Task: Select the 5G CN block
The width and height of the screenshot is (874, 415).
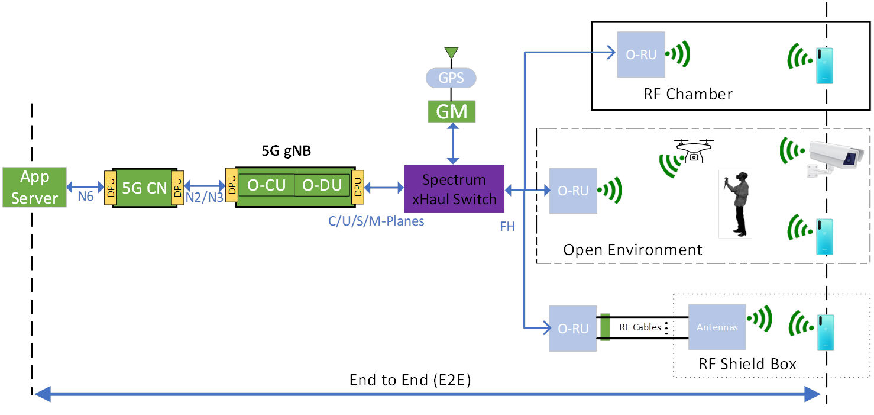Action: [144, 188]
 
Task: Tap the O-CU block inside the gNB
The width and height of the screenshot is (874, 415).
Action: [266, 185]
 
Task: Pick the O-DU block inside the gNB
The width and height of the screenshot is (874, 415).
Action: [322, 185]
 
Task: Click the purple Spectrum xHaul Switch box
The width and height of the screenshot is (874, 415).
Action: [454, 189]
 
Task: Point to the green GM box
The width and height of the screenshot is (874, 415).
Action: [452, 111]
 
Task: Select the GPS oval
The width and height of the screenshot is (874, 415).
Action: [451, 78]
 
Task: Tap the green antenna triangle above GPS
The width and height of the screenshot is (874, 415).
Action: [451, 53]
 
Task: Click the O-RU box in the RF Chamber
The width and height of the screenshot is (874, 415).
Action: [641, 54]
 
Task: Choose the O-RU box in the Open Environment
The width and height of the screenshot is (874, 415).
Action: [573, 191]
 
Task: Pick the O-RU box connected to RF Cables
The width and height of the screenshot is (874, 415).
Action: [573, 328]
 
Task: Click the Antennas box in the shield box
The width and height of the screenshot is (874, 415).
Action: [717, 327]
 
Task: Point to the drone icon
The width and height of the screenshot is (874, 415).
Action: [694, 150]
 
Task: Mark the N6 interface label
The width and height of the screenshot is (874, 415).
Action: [86, 196]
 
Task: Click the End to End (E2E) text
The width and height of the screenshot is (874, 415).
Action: [410, 379]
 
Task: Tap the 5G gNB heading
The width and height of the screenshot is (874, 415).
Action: [286, 151]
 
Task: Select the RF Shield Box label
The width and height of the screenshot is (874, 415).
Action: [747, 363]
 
